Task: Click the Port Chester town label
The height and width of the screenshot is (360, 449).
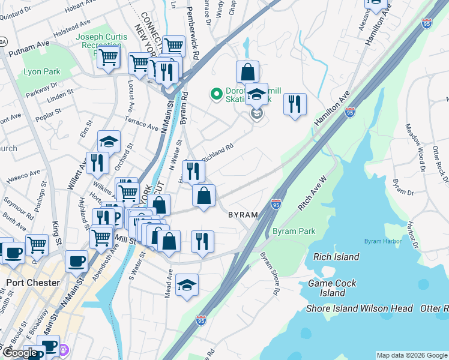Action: (32, 283)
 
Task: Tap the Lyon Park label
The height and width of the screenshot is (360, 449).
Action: (41, 71)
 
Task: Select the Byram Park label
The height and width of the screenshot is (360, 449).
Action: (294, 231)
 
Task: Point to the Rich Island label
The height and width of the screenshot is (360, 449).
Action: (336, 257)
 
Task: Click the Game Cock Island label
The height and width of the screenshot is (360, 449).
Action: (332, 288)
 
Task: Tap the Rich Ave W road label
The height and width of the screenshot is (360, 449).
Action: (312, 194)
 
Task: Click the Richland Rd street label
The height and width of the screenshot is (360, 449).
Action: (216, 150)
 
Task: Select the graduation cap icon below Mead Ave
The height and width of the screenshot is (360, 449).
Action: (187, 286)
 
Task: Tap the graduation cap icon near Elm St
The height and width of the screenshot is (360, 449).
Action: (109, 141)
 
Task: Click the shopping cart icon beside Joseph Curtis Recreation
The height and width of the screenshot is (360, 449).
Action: (108, 58)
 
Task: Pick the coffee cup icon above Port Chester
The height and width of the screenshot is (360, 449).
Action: (76, 261)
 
